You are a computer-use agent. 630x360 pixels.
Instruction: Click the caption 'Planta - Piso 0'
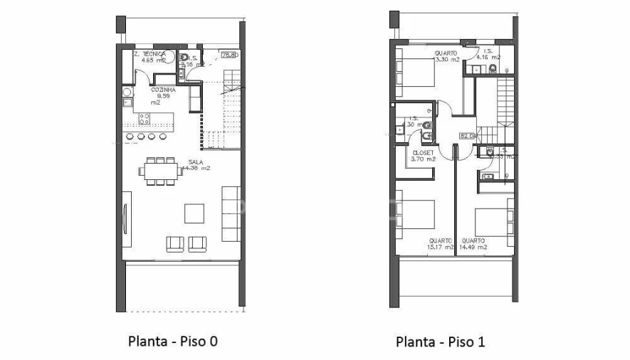pyautogui.click(x=172, y=341)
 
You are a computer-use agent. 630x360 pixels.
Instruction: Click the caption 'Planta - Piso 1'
pyautogui.click(x=440, y=342)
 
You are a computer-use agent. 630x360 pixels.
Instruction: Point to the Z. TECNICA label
pyautogui.click(x=152, y=54)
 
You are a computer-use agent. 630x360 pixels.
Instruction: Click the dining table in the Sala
pyautogui.click(x=161, y=171)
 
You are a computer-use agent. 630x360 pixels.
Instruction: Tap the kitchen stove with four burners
pyautogui.click(x=145, y=117)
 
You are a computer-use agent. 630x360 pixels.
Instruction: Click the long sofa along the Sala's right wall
pyautogui.click(x=231, y=213)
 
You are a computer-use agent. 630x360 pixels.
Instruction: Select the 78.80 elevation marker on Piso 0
pyautogui.click(x=229, y=54)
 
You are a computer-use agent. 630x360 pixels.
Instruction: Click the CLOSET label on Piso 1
pyautogui.click(x=424, y=152)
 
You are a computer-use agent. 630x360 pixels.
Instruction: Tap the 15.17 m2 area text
pyautogui.click(x=440, y=248)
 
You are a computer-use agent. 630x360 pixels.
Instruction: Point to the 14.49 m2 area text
pyautogui.click(x=473, y=248)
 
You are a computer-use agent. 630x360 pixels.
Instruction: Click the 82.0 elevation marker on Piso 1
pyautogui.click(x=467, y=135)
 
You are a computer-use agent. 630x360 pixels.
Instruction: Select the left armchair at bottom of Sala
pyautogui.click(x=175, y=244)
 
